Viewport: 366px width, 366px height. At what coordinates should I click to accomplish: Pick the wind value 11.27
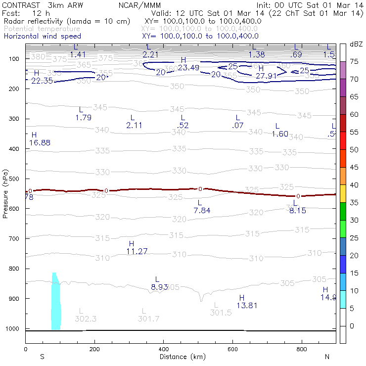[x=137, y=251]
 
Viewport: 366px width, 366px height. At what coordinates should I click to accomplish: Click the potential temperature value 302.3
[x=85, y=319]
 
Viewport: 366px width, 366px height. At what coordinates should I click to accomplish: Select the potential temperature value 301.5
[x=221, y=313]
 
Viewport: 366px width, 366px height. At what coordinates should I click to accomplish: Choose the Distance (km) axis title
[x=179, y=357]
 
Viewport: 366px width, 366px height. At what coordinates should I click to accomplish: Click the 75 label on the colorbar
[x=355, y=62]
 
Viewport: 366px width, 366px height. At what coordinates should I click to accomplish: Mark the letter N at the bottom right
[x=327, y=357]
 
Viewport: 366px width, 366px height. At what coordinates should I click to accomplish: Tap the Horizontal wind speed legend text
[x=42, y=36]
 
